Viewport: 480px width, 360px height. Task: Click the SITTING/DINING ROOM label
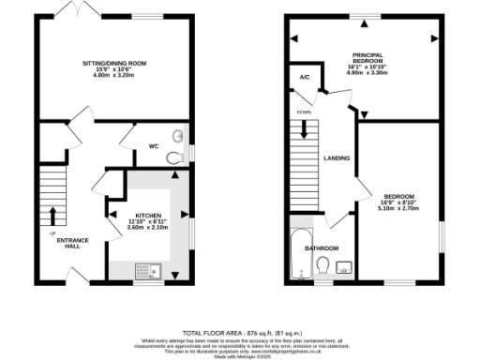pyautogui.click(x=113, y=62)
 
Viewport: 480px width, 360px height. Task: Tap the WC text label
pyautogui.click(x=155, y=146)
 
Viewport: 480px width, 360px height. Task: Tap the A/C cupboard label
pyautogui.click(x=305, y=77)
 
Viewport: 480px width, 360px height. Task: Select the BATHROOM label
pyautogui.click(x=322, y=247)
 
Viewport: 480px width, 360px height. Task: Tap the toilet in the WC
pyautogui.click(x=172, y=159)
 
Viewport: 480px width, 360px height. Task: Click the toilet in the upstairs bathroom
pyautogui.click(x=323, y=270)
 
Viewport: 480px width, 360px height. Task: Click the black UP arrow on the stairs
pyautogui.click(x=52, y=215)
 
